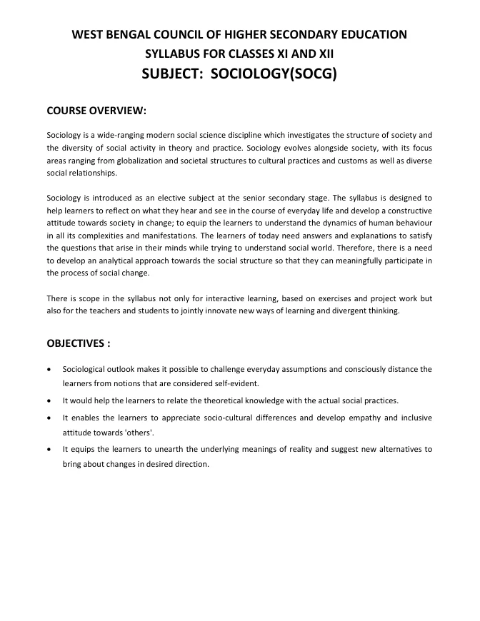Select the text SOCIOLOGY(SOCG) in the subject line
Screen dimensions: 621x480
[271, 74]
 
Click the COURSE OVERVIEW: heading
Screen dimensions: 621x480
[96, 111]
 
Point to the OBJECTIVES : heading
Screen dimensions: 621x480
[79, 343]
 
